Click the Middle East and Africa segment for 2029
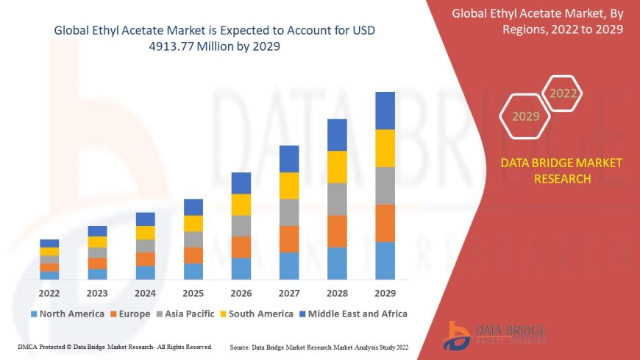(385, 110)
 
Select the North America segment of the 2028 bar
(337, 263)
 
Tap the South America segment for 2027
(289, 186)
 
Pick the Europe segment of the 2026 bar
(241, 247)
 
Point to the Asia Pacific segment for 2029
(385, 186)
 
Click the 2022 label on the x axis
(49, 293)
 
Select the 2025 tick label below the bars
(193, 293)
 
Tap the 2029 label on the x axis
(385, 293)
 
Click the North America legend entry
(67, 314)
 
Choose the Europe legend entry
(130, 314)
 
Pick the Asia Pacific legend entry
(185, 314)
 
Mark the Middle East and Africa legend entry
(352, 314)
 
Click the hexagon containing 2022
(563, 93)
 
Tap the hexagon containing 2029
(525, 116)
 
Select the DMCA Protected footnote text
(114, 346)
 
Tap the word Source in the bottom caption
(243, 346)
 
